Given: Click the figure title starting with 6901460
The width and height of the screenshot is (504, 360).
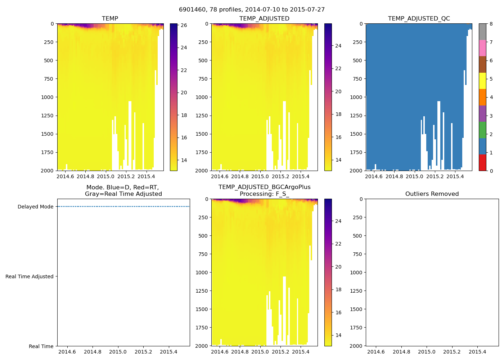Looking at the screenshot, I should coord(252,10).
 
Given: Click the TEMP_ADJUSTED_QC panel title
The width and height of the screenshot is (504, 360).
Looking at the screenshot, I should coord(419,19).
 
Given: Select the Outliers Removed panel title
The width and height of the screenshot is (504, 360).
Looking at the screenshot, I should coord(432,194).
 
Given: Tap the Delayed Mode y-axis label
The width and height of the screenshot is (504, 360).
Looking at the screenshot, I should coord(35,207).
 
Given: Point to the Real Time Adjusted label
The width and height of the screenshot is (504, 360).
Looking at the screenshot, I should coord(29,277).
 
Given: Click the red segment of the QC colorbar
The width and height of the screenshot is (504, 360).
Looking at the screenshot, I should coord(482,163).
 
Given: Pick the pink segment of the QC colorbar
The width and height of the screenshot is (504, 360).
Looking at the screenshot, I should coord(482,48).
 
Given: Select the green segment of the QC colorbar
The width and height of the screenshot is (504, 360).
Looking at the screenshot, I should coord(482,130).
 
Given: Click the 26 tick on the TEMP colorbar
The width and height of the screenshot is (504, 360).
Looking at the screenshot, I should coord(184,26).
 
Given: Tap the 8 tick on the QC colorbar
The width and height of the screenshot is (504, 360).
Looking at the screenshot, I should coord(491,24).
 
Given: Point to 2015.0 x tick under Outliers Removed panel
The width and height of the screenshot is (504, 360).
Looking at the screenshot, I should coord(427,352).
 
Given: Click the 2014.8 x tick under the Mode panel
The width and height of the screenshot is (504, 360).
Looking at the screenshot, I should coord(93,352).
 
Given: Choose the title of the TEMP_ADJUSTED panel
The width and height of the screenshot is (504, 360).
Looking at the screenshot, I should coord(264,19).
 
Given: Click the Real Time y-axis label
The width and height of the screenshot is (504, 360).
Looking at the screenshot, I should coord(41,347).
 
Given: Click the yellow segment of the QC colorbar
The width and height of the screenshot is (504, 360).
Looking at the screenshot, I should coord(482,81).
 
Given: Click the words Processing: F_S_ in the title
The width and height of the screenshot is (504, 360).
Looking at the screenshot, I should coord(264,194).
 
